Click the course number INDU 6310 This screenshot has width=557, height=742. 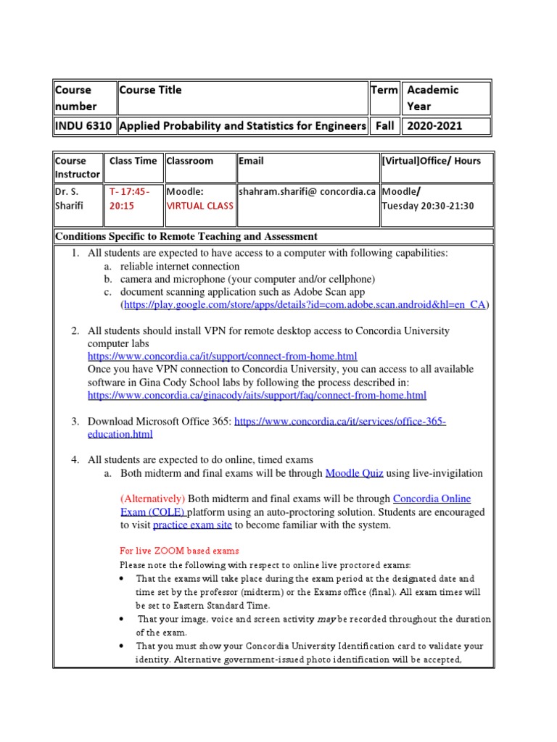tap(83, 125)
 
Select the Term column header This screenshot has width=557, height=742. tap(384, 90)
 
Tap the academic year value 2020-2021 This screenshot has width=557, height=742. tap(434, 125)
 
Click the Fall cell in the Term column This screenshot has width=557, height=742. tap(384, 125)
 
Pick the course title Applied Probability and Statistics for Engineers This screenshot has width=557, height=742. tap(242, 125)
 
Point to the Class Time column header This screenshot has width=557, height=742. tap(133, 161)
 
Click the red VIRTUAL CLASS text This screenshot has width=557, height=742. tap(200, 206)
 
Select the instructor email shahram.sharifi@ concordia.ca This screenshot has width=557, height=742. tap(308, 191)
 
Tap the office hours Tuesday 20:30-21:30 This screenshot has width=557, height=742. tap(428, 206)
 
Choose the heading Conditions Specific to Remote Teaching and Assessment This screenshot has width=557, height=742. tap(186, 236)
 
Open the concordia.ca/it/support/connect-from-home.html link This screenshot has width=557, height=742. tap(223, 357)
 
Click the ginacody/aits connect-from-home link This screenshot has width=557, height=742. tap(257, 396)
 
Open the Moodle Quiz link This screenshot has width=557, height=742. tap(354, 473)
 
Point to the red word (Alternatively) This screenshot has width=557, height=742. tap(153, 499)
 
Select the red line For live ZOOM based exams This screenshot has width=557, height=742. tap(179, 551)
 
